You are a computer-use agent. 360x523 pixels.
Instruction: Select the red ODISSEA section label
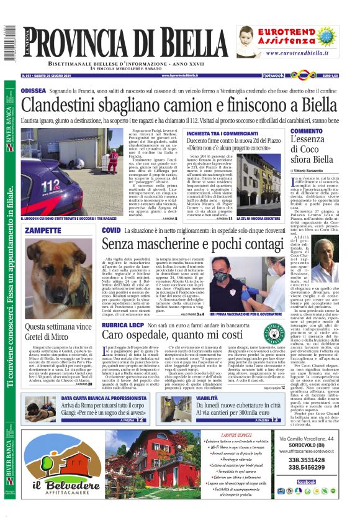(x=33, y=91)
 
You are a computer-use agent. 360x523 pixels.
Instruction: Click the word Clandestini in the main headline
(x=68, y=104)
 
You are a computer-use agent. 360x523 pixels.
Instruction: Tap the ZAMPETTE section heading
(x=43, y=230)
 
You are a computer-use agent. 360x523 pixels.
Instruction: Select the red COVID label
(x=111, y=230)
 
